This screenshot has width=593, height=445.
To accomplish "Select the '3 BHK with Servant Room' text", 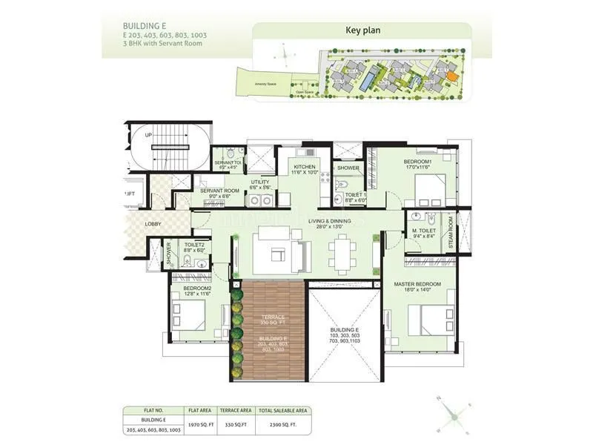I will (152, 43).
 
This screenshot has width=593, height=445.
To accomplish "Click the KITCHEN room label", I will (304, 167).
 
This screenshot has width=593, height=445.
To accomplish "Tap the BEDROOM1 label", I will (417, 161).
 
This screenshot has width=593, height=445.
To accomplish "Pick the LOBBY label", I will (153, 223).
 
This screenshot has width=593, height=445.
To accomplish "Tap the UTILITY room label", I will (259, 182).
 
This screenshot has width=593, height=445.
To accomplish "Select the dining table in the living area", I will (342, 253).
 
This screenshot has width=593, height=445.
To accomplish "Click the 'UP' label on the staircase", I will (148, 136).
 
